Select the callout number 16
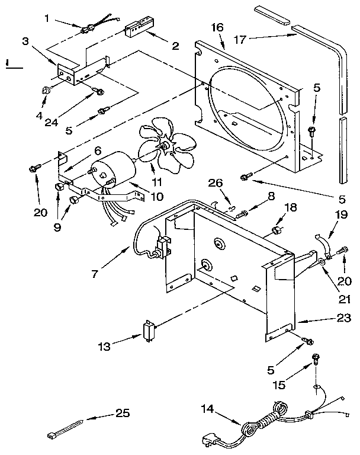[217, 28]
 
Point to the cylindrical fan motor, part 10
[115, 168]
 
